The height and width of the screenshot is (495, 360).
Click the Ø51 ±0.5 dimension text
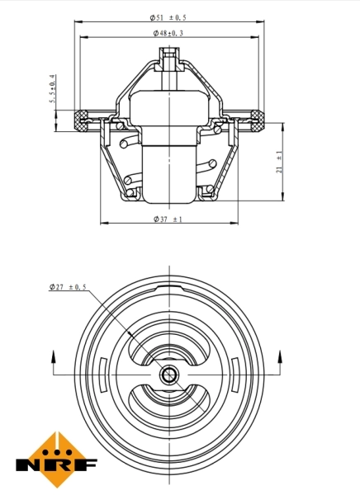coord(169,17)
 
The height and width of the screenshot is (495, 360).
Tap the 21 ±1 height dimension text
coord(280,161)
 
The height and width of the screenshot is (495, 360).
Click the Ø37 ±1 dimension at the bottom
coord(168,219)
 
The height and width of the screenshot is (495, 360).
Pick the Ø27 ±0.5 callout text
coord(68,287)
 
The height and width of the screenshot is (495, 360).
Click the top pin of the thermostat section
coord(169,59)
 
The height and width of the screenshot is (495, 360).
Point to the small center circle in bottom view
coord(169,376)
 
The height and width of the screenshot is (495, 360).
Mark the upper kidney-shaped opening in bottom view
coord(169,342)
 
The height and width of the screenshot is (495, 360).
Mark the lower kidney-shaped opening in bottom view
coord(169,407)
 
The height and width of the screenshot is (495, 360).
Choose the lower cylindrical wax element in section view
coord(169,173)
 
